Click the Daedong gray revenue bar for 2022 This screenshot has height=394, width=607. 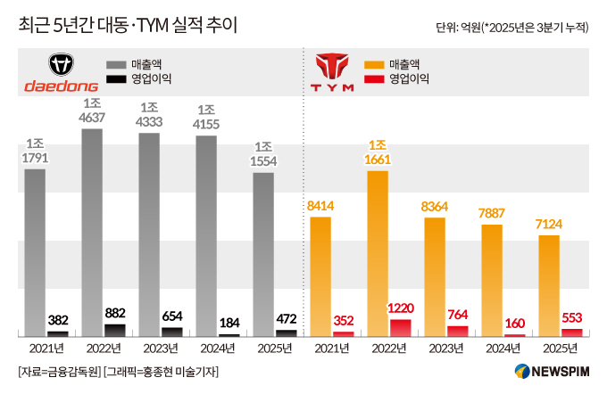(x=92, y=232)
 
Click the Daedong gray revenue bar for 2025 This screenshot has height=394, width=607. (x=263, y=253)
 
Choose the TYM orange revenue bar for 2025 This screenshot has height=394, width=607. (x=549, y=285)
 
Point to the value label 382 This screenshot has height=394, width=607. (x=58, y=321)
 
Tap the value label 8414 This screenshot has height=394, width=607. (x=320, y=206)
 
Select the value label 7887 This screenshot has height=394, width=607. (x=492, y=214)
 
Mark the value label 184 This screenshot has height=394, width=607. (x=229, y=323)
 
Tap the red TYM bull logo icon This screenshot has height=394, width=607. (x=330, y=66)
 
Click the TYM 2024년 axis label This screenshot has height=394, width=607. (x=492, y=348)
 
